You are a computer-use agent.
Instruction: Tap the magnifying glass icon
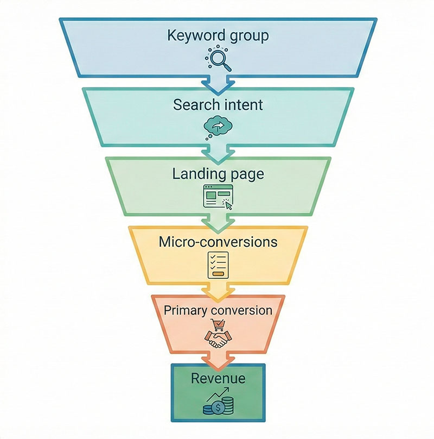(218, 59)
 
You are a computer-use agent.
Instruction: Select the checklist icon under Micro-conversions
(218, 265)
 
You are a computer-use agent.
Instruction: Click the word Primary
(186, 310)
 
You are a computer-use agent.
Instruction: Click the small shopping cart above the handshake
(219, 325)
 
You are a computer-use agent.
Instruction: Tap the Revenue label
(218, 378)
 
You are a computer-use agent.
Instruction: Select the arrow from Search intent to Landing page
(218, 152)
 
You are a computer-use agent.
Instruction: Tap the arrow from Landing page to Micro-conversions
(218, 221)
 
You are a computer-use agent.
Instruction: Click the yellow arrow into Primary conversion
(218, 291)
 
